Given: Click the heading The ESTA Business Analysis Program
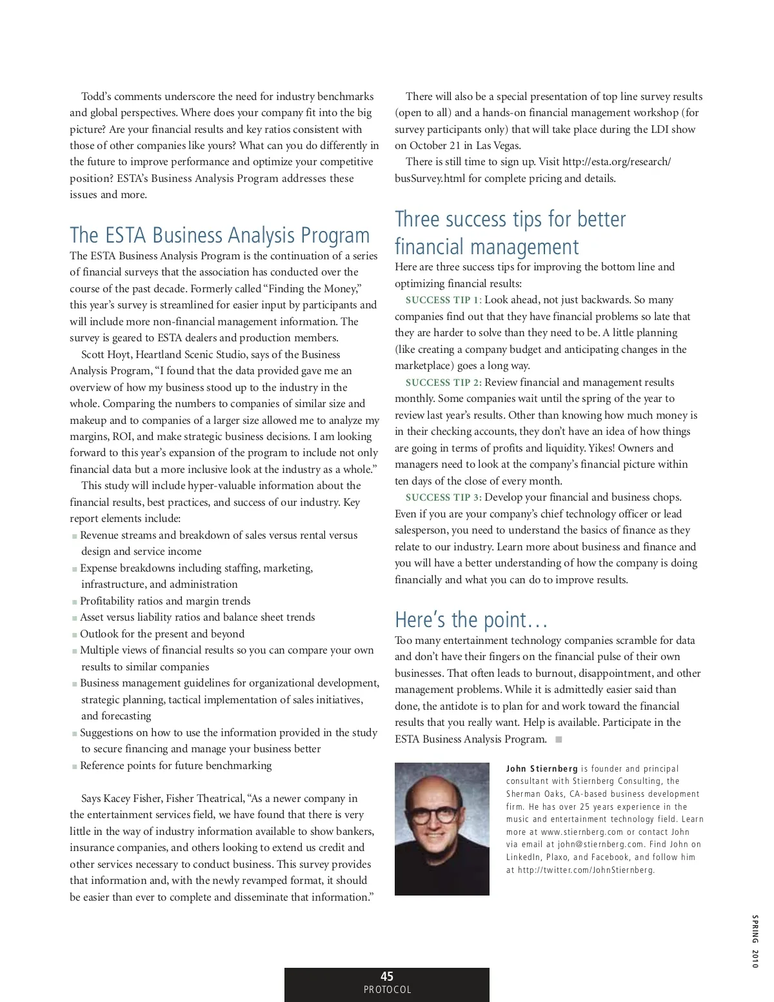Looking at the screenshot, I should [219, 235].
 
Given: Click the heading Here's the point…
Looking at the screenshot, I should [471, 620].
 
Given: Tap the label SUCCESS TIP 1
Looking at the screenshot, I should [442, 300].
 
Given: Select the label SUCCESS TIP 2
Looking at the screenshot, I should [443, 383].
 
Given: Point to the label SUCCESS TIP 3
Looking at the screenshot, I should [443, 497].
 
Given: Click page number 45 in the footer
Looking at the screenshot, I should [387, 976].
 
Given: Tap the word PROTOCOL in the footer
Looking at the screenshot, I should [387, 990].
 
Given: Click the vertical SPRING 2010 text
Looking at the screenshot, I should [754, 941].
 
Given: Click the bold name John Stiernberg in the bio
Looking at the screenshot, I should [542, 769].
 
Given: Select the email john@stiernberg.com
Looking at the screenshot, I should [600, 845].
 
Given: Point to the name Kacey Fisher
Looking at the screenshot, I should [132, 799].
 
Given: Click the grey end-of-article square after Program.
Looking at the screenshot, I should [559, 739].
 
